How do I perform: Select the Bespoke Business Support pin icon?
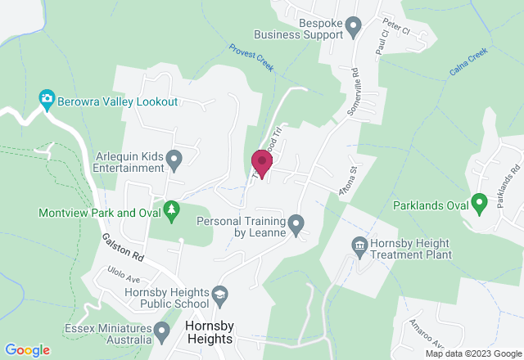click(354, 25)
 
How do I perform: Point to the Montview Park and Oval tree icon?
click(170, 211)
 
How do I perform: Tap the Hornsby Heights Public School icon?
click(219, 293)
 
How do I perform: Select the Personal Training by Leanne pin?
click(296, 223)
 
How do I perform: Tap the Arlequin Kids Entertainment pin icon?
click(174, 158)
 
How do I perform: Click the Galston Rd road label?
click(124, 245)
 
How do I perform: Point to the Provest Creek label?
click(251, 57)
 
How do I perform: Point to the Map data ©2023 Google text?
click(472, 353)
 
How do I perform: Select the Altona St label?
click(350, 181)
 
